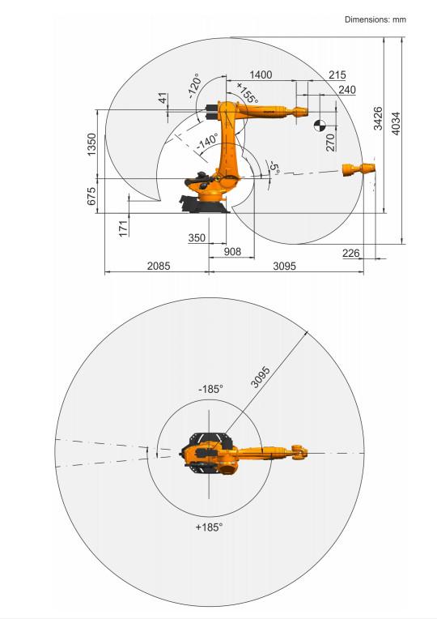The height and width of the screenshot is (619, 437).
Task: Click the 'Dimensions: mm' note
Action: [x=375, y=19]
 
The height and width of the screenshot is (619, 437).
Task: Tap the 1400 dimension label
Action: [x=261, y=75]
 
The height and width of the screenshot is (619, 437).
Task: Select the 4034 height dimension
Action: [x=396, y=124]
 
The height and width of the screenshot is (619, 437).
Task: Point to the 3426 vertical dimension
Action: [x=378, y=118]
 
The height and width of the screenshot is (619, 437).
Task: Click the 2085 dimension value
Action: [x=159, y=266]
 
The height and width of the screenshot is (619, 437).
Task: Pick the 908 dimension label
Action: [x=232, y=251]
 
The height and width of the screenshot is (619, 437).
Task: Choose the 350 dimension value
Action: [x=197, y=237]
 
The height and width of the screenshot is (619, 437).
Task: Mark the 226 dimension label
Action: [x=350, y=253]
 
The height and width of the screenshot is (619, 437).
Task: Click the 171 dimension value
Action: [x=124, y=228]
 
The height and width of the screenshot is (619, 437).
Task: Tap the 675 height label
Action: [x=91, y=196]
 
